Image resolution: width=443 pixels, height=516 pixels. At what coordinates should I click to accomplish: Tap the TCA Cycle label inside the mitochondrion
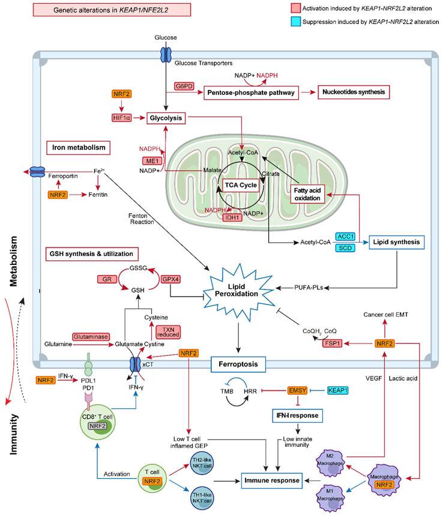click(x=240, y=185)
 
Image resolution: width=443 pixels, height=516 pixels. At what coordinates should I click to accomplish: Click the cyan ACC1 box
click(x=346, y=236)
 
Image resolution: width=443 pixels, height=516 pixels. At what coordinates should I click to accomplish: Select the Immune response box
click(x=270, y=479)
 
